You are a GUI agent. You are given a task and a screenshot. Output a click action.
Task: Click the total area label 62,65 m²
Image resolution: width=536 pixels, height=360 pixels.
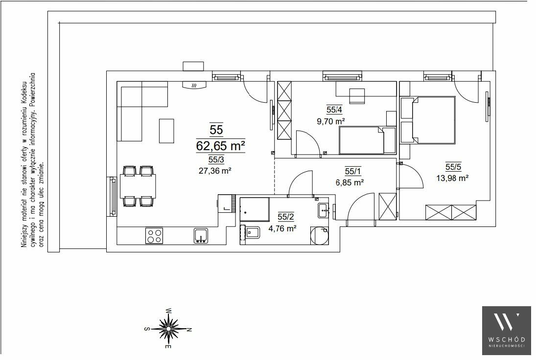(220, 146)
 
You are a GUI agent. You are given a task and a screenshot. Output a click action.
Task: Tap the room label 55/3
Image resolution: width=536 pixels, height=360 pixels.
(216, 159)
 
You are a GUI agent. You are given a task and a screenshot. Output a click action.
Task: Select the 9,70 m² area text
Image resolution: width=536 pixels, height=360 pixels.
(330, 121)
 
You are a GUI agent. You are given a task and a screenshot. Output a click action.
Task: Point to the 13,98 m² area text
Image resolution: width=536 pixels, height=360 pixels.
(452, 178)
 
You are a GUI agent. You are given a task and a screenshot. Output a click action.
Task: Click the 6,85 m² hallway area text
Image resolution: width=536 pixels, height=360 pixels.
(350, 183)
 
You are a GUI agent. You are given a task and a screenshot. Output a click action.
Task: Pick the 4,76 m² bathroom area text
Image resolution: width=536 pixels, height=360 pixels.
(282, 228)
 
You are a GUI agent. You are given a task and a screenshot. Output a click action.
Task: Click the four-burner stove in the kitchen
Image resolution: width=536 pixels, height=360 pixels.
(154, 236)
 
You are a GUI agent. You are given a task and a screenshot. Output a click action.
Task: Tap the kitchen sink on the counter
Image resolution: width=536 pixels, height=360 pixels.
(201, 236)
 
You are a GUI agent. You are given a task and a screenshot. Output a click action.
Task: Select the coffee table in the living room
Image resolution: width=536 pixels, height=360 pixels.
(166, 131)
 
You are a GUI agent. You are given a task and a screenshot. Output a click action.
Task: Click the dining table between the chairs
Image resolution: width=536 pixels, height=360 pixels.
(138, 186)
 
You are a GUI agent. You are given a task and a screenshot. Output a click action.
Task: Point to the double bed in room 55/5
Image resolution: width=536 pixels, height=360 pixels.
(434, 119)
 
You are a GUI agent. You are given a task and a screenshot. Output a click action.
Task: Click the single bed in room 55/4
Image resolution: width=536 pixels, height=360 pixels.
(367, 140)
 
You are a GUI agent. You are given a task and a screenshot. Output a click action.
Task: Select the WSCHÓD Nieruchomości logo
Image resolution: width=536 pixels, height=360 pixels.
(507, 328)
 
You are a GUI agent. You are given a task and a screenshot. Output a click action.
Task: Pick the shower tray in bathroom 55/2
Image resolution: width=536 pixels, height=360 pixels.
(255, 209)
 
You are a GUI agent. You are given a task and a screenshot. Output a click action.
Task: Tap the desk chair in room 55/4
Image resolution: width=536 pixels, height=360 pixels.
(356, 95)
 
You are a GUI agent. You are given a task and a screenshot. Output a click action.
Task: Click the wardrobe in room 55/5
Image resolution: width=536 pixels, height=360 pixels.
(451, 212)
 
